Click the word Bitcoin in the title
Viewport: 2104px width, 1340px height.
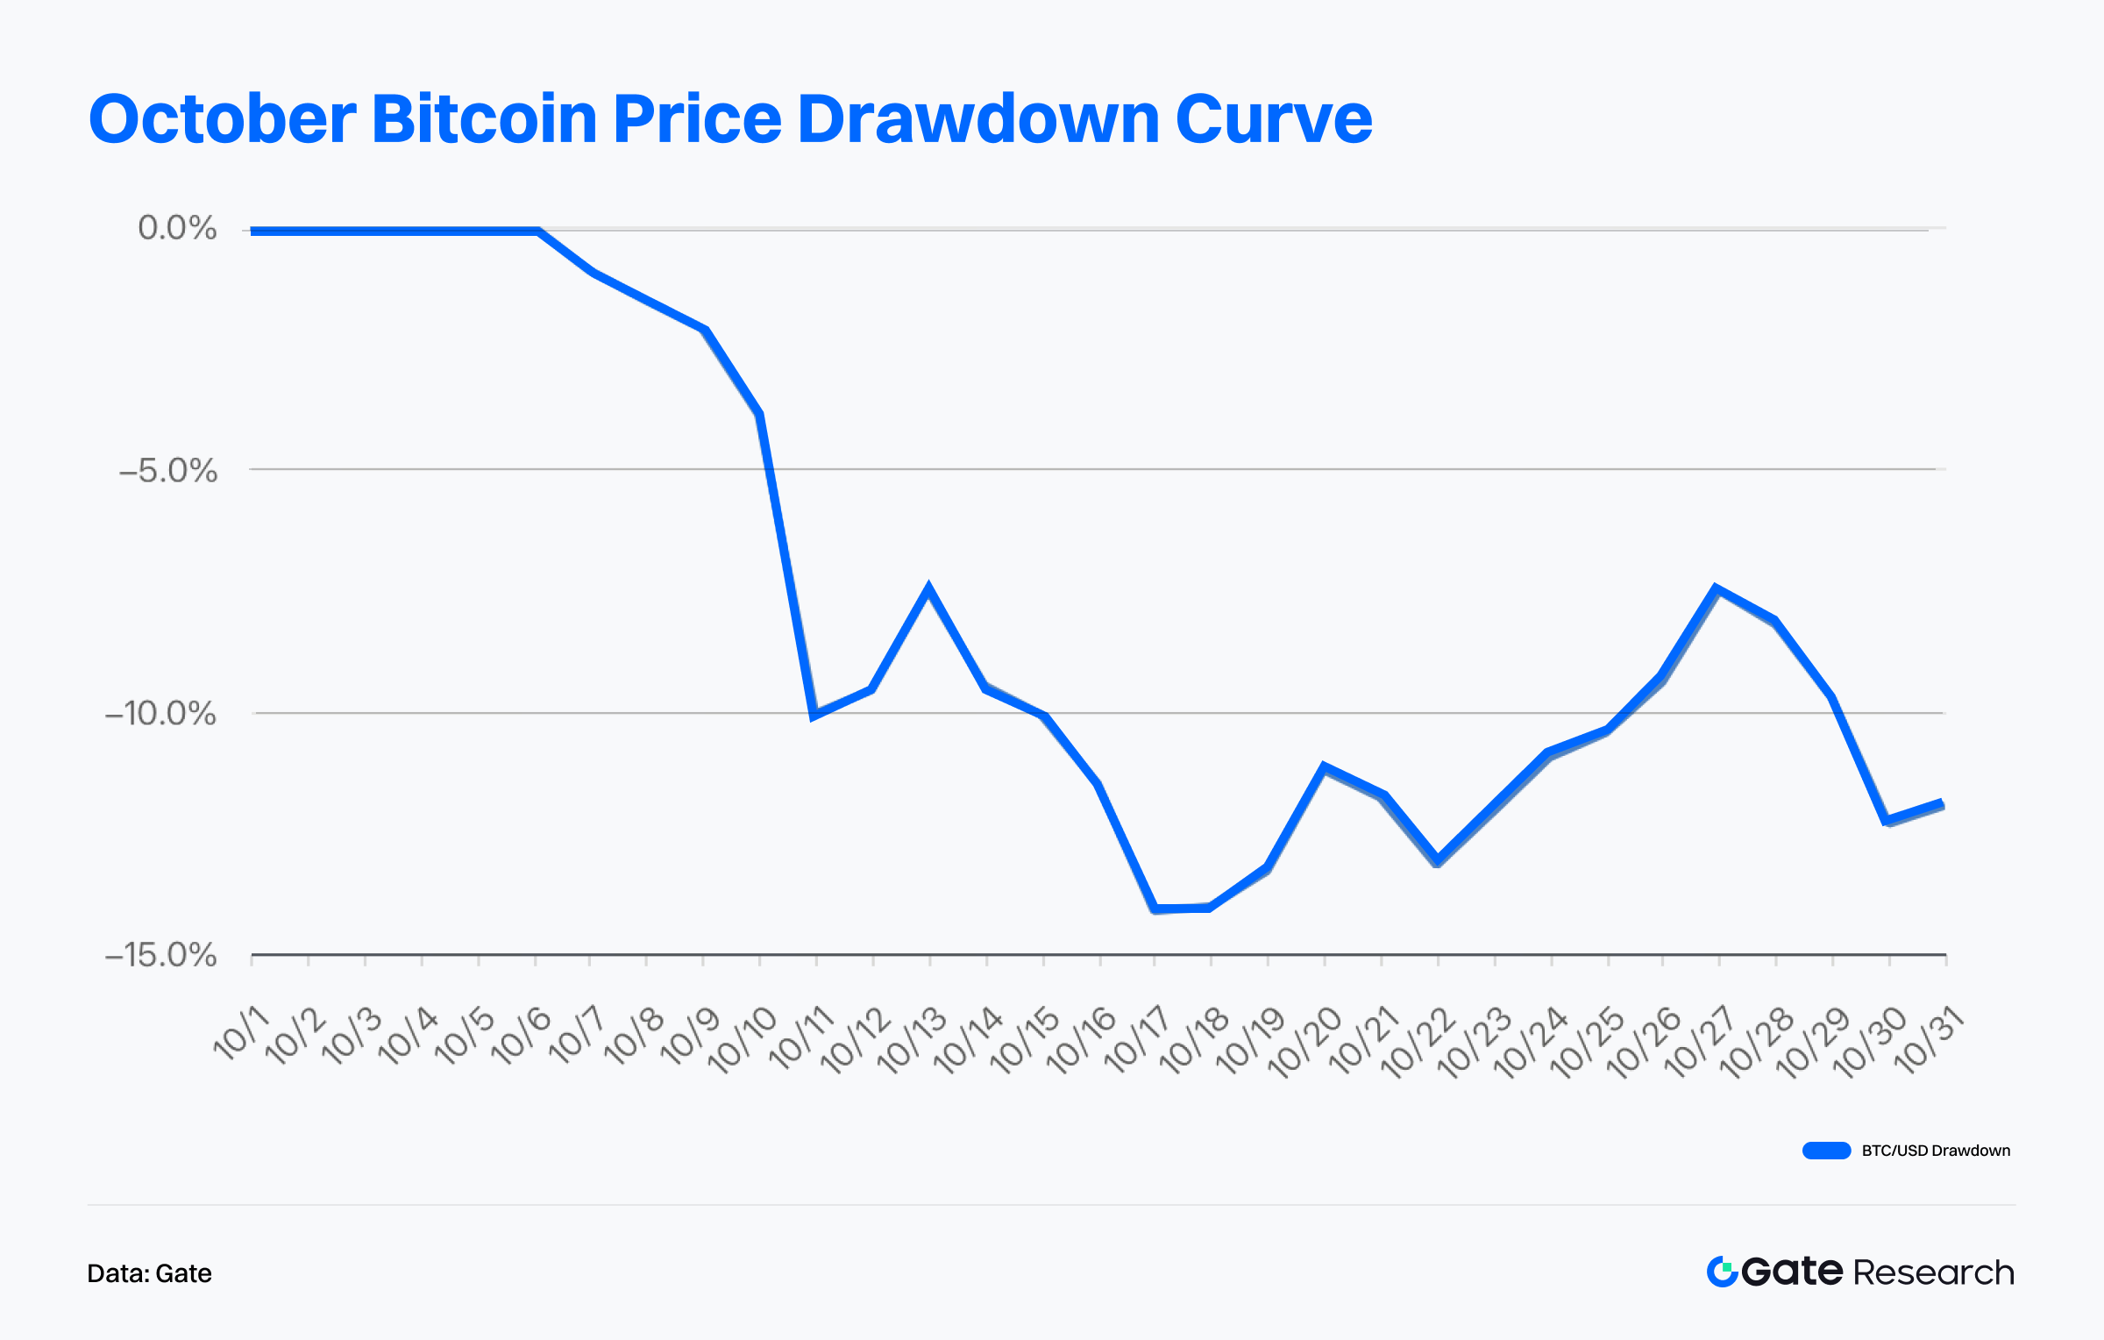485,119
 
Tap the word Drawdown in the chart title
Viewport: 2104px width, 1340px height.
978,119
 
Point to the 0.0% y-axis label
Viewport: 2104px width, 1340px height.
177,228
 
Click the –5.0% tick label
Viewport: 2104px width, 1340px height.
168,471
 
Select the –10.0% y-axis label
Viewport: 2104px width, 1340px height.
160,713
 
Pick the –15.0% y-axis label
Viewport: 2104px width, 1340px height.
160,955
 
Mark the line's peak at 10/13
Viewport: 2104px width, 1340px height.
928,588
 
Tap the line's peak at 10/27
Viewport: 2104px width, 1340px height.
1717,588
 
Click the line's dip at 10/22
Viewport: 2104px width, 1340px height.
1437,859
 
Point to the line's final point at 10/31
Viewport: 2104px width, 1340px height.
1943,803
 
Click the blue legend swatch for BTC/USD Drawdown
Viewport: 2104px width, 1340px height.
1826,1151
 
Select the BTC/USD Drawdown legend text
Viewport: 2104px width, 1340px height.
1936,1151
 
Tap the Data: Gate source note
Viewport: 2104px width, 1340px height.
149,1273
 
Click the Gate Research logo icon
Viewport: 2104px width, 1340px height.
1722,1272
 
